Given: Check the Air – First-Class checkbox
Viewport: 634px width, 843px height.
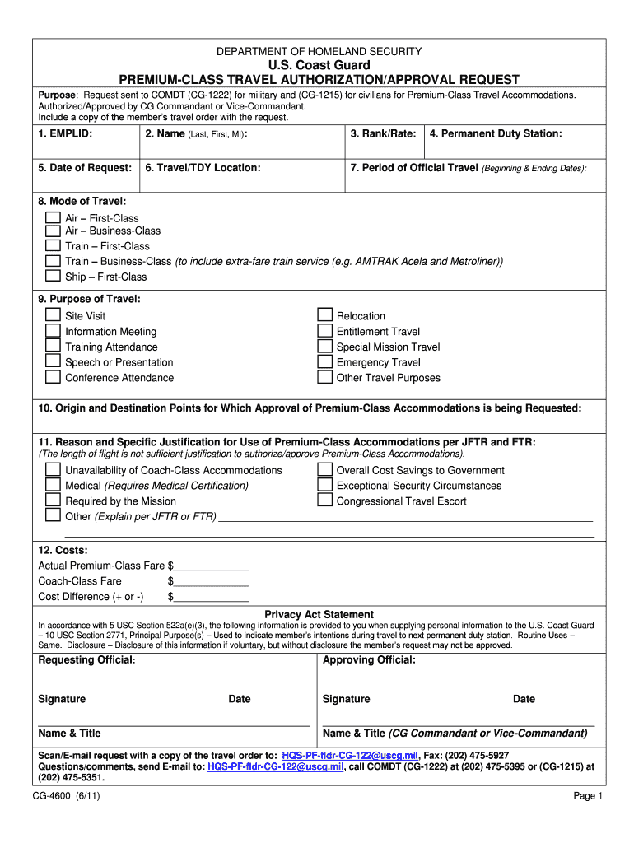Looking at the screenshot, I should tap(53, 218).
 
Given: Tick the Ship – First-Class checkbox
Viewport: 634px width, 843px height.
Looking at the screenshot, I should tap(53, 277).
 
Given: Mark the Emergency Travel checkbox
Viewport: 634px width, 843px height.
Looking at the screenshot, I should tap(324, 362).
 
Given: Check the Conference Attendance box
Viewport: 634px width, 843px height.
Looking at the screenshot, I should tap(53, 378).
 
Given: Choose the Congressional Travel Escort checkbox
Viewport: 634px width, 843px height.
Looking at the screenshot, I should tap(324, 501).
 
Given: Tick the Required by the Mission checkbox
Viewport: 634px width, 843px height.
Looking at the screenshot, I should tap(53, 501).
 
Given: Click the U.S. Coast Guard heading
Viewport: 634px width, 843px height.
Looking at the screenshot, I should tap(319, 65).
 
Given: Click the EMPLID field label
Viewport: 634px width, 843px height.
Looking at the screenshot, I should tap(65, 133).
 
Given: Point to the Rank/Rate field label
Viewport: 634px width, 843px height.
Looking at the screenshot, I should tap(383, 133).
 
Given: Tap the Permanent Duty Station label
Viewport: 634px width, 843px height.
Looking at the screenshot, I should tap(496, 133).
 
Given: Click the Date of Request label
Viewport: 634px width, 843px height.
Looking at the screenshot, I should tap(85, 168).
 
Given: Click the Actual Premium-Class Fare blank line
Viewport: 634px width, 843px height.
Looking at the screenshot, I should tap(212, 566).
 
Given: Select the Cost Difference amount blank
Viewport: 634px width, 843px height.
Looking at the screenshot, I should tap(212, 597).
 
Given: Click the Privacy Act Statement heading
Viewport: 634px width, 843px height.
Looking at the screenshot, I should tap(319, 614).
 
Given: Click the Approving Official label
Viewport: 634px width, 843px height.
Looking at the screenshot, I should tap(369, 660).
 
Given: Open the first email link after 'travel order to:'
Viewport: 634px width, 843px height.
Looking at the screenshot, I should tap(350, 755).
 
